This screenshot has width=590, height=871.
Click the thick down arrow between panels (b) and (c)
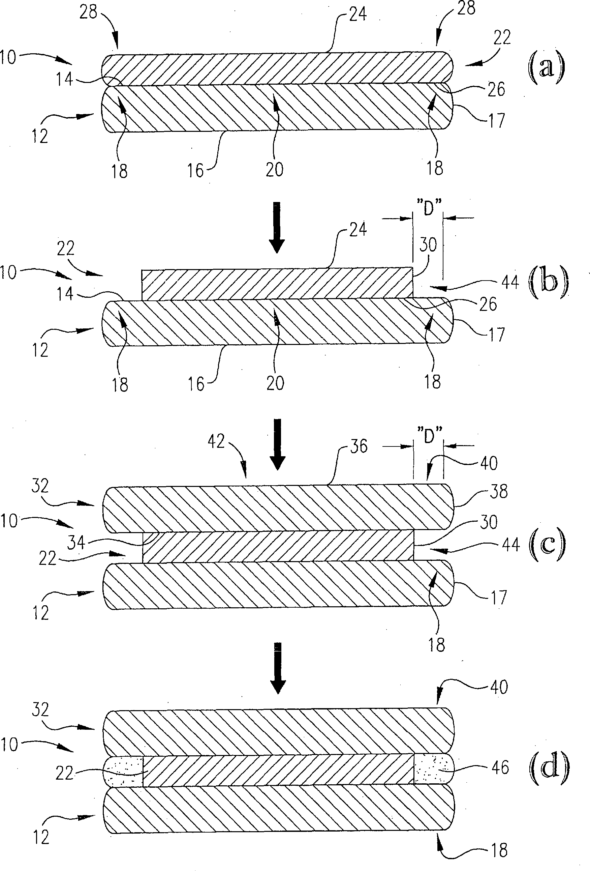point(277,444)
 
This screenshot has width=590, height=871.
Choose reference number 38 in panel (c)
point(499,491)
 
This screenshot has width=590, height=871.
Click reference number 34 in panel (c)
point(76,542)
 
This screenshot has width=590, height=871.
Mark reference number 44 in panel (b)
point(510,282)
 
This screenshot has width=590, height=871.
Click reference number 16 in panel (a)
point(195,171)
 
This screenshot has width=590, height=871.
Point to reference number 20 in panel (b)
point(275,383)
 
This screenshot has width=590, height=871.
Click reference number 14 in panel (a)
point(64,80)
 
